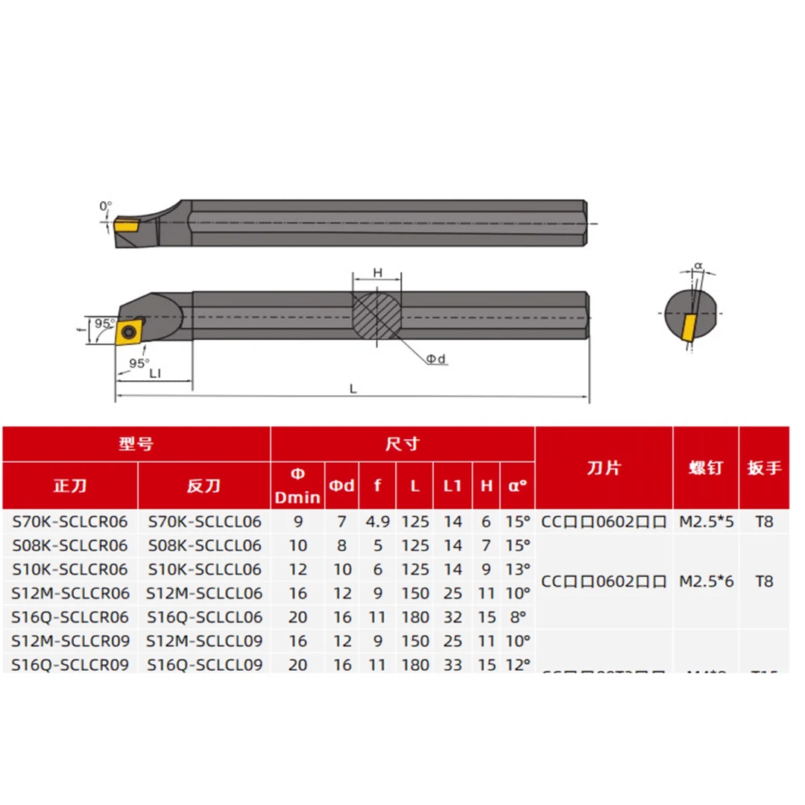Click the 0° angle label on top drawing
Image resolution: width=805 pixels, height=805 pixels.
pos(105,205)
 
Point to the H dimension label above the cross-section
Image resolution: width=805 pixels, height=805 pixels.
pos(377,274)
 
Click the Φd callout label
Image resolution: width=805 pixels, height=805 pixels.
pos(435,359)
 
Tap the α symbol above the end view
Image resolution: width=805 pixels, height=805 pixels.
pos(698,264)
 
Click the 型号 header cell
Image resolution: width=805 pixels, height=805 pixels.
pos(136,444)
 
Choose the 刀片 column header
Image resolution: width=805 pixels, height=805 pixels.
pos(604,467)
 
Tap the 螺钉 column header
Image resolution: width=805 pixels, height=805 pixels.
pos(705,467)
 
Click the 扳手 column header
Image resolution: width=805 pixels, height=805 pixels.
pos(763,467)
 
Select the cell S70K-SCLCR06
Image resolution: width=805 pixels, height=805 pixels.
pos(70,522)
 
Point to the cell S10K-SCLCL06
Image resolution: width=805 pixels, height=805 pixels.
pos(204,569)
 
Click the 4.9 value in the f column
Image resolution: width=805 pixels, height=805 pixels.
pos(378,522)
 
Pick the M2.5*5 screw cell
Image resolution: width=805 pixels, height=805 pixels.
pos(706,522)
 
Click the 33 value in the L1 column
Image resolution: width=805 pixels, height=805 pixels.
pos(452,664)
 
